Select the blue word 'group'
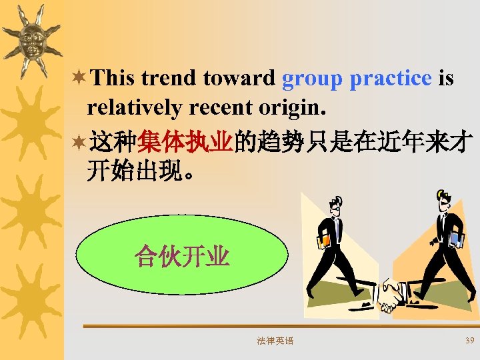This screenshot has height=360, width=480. point(311,79)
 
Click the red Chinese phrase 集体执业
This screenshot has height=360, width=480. point(185,143)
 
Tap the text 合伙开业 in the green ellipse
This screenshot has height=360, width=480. point(182,256)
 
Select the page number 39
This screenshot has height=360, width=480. point(469,341)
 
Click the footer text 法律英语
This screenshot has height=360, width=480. point(275,341)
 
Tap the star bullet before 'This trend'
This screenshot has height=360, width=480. point(79,79)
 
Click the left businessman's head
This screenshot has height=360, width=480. point(336,203)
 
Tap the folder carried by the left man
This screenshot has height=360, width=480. point(325,239)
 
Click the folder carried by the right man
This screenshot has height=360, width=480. point(457,238)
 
